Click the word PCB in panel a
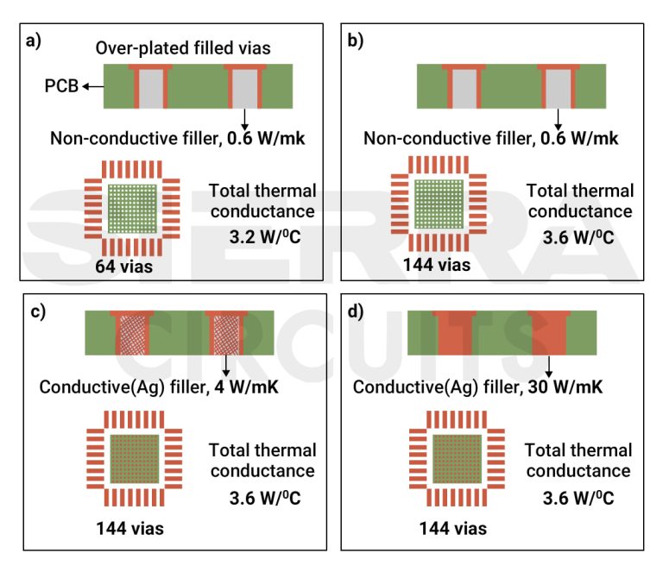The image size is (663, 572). (x=60, y=86)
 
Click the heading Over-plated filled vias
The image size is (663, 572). (x=183, y=48)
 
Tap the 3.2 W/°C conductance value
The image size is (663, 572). (x=262, y=235)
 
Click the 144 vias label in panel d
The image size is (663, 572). (x=453, y=528)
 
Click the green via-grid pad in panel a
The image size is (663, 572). (x=133, y=208)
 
